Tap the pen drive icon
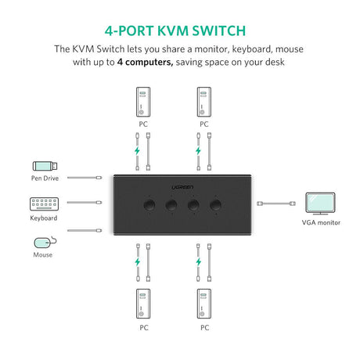click(x=45, y=165)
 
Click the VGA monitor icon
click(x=321, y=203)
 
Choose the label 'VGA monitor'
click(x=321, y=222)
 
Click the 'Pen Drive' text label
click(x=44, y=178)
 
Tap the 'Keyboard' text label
click(x=44, y=218)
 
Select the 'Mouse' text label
click(x=43, y=254)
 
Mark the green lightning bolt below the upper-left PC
click(x=138, y=149)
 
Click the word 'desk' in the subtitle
click(x=274, y=62)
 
